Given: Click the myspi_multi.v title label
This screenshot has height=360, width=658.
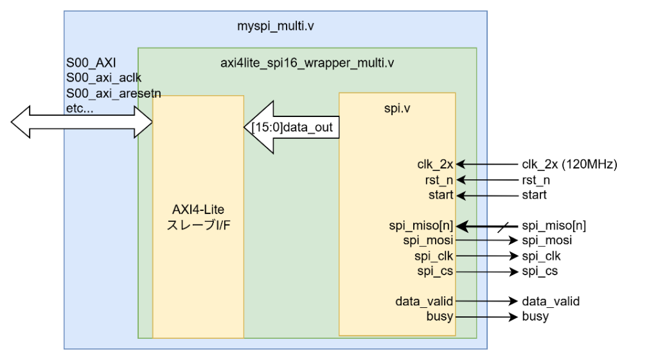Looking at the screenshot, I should [276, 27].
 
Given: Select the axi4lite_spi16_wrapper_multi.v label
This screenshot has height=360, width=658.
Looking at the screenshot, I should [307, 63].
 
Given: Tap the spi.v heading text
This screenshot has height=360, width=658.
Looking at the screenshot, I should [396, 108].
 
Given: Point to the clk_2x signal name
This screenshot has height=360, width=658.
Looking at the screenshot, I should [435, 165].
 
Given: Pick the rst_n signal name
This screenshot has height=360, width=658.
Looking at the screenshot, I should [440, 180].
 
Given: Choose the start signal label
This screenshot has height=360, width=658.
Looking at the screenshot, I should [440, 195].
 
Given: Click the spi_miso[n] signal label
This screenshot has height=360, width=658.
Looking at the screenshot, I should [421, 226].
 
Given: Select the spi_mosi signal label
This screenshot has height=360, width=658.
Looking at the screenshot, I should [428, 240].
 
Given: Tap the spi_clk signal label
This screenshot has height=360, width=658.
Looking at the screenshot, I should [434, 256].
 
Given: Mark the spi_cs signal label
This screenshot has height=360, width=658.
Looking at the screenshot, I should [435, 271].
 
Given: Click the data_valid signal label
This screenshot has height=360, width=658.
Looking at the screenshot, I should [424, 301].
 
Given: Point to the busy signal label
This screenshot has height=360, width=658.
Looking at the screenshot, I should [440, 316].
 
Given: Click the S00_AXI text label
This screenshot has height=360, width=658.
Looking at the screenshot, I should [91, 64].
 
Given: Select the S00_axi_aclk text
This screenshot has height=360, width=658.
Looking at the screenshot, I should [104, 78].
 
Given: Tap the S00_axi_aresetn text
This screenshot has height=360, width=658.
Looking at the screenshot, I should [114, 93].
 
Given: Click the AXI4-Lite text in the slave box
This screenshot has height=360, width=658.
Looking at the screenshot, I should [198, 210].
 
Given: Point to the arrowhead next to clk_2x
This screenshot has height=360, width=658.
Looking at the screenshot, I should [459, 165].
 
